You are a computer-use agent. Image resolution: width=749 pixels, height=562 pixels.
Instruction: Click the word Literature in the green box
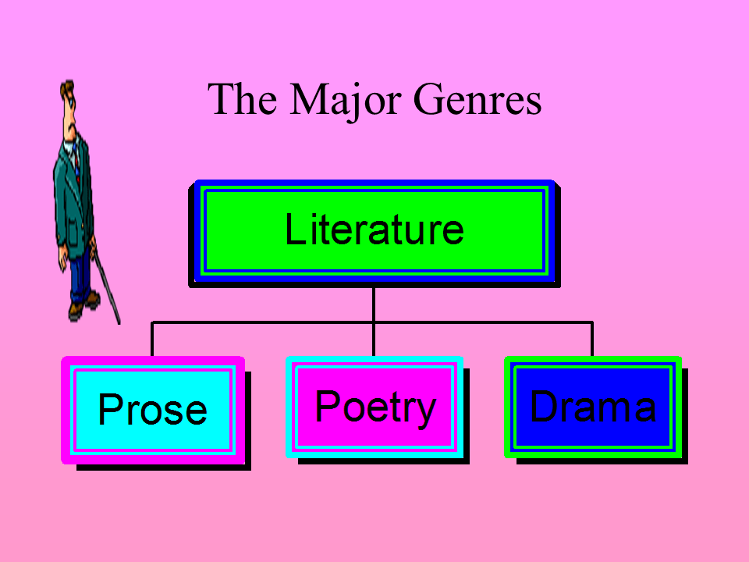(x=374, y=229)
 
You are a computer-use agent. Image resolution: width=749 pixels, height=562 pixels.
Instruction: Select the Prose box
(x=153, y=410)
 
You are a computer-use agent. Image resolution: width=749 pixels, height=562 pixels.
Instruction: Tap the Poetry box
(x=374, y=406)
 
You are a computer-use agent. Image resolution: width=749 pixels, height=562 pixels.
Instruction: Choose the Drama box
(x=593, y=406)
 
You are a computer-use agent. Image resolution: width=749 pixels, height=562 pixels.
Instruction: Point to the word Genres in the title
(x=477, y=100)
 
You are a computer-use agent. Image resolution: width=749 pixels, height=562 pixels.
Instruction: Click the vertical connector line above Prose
(x=152, y=339)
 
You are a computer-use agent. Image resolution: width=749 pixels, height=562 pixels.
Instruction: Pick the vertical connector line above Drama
(x=592, y=339)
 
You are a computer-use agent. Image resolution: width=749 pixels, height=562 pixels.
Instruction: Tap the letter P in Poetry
(x=326, y=406)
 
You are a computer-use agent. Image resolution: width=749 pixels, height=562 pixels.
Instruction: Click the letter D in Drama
(x=543, y=406)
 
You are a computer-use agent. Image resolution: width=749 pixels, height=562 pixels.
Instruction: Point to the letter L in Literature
(x=293, y=229)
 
